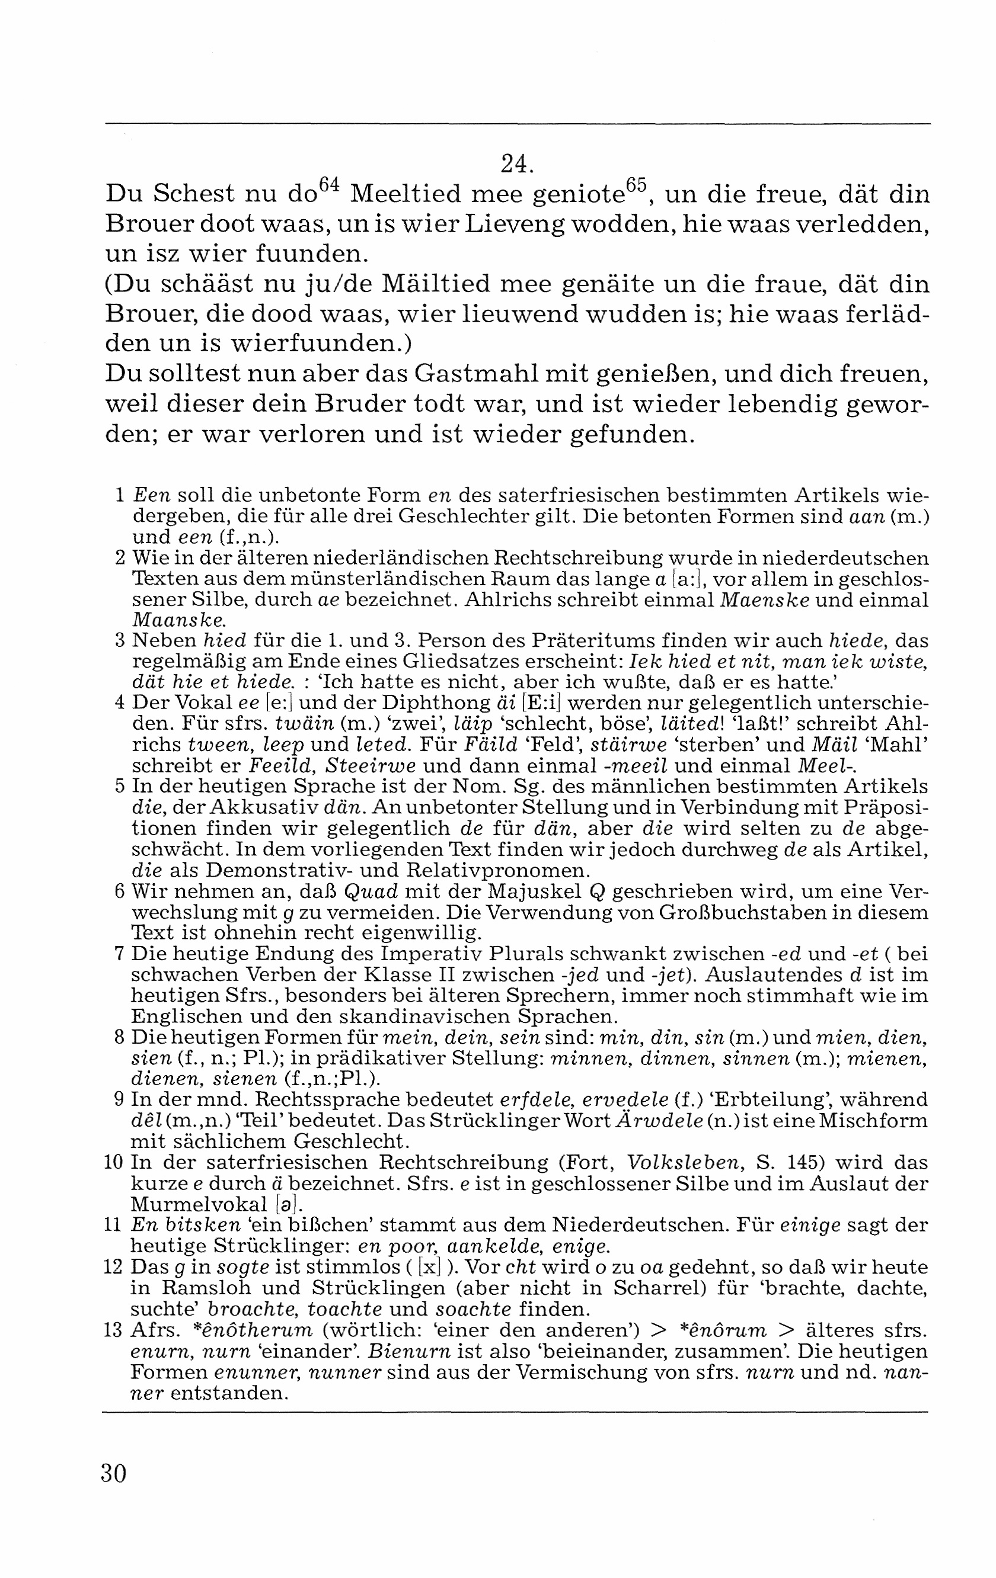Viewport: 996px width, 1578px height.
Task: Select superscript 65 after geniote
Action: coord(636,185)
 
